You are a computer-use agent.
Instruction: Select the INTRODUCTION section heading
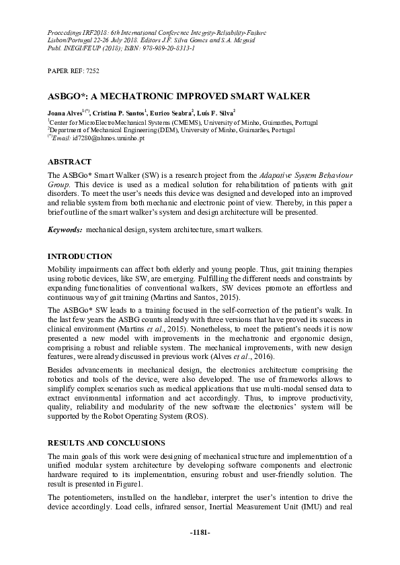tap(79, 256)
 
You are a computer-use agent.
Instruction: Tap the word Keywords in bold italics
tap(65, 229)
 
